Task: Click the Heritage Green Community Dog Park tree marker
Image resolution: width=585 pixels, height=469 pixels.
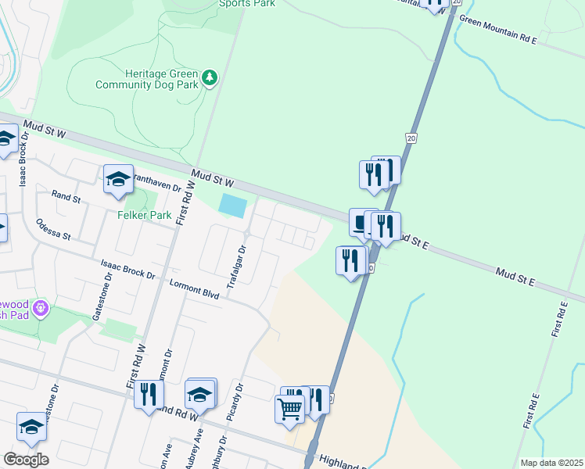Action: [209, 78]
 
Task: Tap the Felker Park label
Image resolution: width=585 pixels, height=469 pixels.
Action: [144, 215]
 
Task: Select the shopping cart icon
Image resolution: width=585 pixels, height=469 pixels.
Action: [289, 408]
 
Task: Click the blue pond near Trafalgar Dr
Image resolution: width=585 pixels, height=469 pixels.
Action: [233, 206]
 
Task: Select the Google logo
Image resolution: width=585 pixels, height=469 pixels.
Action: [25, 460]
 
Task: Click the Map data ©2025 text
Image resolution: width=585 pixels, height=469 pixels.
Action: [552, 463]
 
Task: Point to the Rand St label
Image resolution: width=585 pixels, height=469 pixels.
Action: [66, 197]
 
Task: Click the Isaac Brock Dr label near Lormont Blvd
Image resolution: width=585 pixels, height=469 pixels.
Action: [127, 270]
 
